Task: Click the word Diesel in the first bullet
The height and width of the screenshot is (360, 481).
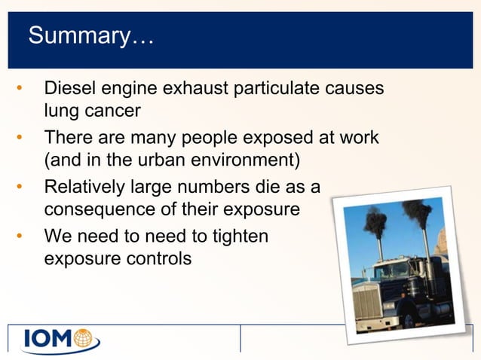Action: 69,89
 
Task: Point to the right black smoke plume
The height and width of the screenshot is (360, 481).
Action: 417,214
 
